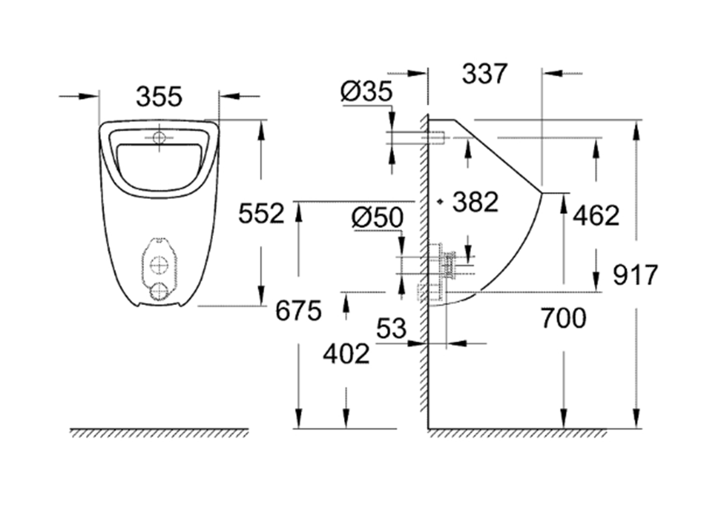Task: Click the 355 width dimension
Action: (159, 97)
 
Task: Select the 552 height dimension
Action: (261, 213)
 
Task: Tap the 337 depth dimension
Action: (485, 74)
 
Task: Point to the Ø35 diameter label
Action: (366, 92)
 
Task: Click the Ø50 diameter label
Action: (377, 218)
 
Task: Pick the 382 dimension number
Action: (475, 202)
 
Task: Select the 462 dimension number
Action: (596, 215)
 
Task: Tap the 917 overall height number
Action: (635, 275)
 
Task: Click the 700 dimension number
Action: (563, 318)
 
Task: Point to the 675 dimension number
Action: (298, 311)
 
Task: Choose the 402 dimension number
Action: (346, 354)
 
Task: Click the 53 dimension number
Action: (391, 329)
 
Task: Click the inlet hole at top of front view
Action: (159, 138)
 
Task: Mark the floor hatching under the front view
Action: (159, 433)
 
